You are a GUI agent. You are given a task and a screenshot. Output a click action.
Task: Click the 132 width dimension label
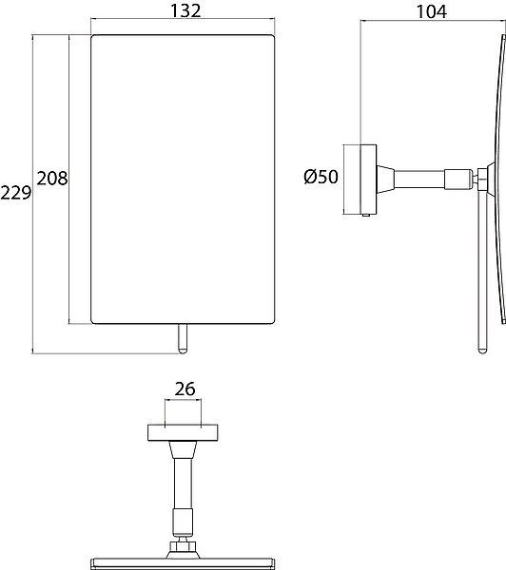pyautogui.click(x=185, y=10)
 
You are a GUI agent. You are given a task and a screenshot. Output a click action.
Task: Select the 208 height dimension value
pyautogui.click(x=52, y=179)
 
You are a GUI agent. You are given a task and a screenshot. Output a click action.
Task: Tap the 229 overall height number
pyautogui.click(x=15, y=193)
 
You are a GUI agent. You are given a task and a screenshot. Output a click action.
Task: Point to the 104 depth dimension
pyautogui.click(x=432, y=11)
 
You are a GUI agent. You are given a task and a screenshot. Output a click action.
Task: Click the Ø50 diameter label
pyautogui.click(x=321, y=177)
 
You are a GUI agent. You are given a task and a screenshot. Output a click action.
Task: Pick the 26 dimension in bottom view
pyautogui.click(x=185, y=389)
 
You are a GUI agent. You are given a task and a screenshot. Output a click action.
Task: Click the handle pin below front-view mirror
pyautogui.click(x=183, y=338)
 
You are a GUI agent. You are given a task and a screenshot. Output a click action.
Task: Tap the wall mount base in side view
pyautogui.click(x=360, y=180)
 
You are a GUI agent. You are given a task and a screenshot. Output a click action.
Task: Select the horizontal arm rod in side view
pyautogui.click(x=419, y=180)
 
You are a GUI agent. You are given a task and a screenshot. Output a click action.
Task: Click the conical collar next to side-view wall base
pyautogui.click(x=386, y=180)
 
